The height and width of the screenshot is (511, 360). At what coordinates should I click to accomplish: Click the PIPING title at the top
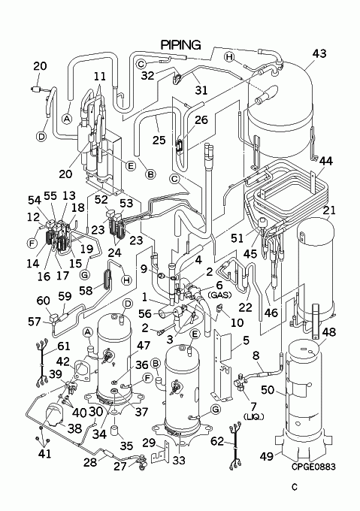click(181, 44)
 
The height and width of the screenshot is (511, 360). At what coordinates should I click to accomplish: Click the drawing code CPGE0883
click(313, 467)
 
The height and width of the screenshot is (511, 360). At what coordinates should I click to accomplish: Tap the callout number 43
click(319, 53)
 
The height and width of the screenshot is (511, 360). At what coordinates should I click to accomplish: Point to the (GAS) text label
click(219, 295)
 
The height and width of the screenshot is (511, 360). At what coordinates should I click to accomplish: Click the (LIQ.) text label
click(253, 417)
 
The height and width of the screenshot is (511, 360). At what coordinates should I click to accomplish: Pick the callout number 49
click(267, 456)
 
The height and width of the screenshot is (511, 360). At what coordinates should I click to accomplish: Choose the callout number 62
click(217, 442)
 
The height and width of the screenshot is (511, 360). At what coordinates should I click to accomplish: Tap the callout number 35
click(126, 446)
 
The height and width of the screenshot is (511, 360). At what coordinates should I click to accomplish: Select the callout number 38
click(74, 428)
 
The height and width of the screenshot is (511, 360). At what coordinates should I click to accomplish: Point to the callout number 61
click(65, 346)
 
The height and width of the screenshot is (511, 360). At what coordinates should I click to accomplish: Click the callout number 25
click(159, 140)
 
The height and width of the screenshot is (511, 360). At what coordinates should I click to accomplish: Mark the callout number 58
click(86, 290)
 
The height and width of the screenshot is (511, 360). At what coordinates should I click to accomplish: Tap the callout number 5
click(246, 340)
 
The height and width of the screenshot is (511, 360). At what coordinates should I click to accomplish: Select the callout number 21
click(329, 210)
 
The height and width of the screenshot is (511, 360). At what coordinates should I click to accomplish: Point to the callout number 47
click(144, 346)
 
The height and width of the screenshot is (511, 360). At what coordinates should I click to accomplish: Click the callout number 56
click(145, 313)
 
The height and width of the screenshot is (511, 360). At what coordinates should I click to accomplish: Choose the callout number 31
click(201, 89)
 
